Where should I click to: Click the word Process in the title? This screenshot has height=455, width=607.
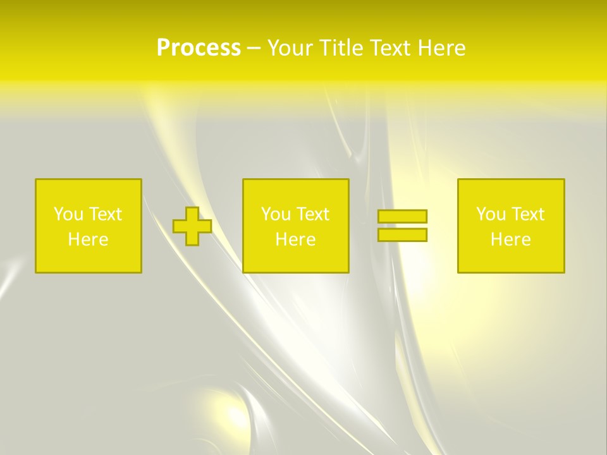[199, 48]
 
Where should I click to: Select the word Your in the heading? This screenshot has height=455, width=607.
[291, 48]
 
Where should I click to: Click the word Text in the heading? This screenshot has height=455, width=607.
[391, 48]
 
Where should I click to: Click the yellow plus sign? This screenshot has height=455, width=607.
[192, 226]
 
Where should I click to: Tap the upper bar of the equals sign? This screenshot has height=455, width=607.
[402, 217]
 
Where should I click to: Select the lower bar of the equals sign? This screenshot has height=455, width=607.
[402, 235]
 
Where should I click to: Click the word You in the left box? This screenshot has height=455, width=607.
[68, 214]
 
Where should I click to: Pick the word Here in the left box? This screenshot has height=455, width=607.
[88, 240]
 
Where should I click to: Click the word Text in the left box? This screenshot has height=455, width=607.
[105, 214]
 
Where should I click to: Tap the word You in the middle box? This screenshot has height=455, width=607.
[275, 214]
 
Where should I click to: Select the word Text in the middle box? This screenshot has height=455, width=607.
[312, 214]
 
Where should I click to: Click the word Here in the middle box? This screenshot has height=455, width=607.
[295, 240]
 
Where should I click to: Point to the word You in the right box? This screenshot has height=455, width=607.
[490, 214]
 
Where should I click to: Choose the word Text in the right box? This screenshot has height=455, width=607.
[527, 214]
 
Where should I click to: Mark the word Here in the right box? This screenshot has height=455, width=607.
[510, 240]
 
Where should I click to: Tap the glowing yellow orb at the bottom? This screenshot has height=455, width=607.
[232, 417]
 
